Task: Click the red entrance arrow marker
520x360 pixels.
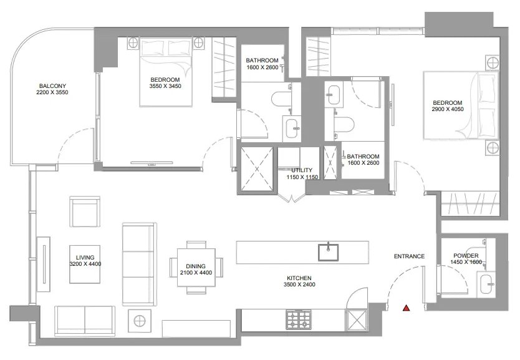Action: point(407,308)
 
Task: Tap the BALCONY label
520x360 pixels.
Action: point(52,86)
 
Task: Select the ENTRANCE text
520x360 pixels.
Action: point(409,256)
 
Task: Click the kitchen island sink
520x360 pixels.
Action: point(329,252)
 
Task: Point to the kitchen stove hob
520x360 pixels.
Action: point(299,319)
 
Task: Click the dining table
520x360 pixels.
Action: point(196,268)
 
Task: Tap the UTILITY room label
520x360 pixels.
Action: point(302,170)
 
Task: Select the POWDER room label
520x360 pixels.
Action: point(466,256)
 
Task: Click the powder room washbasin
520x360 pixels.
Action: point(486,284)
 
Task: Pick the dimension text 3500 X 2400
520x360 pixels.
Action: point(299,285)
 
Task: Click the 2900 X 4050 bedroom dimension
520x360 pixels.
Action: point(448,109)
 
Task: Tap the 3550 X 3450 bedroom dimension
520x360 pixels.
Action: point(165,86)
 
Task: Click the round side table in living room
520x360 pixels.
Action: point(140,321)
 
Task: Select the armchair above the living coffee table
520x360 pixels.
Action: point(85,212)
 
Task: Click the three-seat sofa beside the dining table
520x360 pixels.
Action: point(140,264)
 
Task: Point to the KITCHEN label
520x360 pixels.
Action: point(299,278)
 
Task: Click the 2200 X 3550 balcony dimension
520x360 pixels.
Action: point(52,92)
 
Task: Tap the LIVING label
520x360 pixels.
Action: point(85,258)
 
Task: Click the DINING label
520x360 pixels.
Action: point(196,266)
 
